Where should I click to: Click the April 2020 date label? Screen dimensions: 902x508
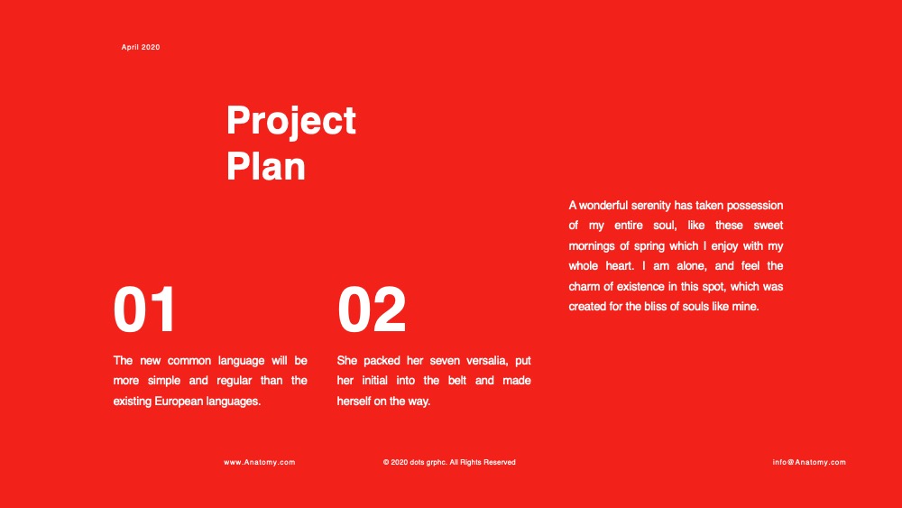point(141,47)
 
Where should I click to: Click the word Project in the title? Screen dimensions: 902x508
point(291,121)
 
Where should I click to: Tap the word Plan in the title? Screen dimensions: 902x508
point(266,167)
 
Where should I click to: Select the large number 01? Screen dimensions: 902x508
point(143,309)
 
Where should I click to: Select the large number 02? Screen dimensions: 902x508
point(372,309)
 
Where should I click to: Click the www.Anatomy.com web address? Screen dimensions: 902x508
point(260,462)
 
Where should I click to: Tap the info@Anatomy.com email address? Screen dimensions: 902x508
point(809,462)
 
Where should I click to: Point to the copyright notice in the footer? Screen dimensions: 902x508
point(449,462)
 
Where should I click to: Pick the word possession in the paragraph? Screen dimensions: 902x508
point(755,206)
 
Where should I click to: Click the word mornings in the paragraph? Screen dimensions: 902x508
point(592,246)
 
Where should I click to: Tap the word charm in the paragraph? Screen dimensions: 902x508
point(584,287)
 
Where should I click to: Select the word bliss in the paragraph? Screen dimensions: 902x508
point(655,307)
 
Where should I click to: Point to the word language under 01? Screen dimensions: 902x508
point(241,361)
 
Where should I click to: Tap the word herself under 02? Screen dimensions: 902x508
point(354,401)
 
